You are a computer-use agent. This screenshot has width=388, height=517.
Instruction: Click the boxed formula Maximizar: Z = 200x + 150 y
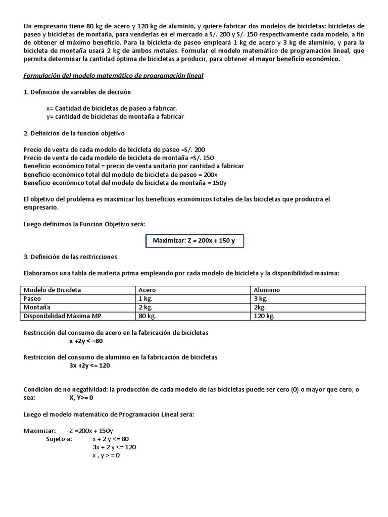coord(194,241)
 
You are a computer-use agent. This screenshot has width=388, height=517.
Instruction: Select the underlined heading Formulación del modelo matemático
coord(114,76)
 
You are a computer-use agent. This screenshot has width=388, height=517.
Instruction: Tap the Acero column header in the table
coord(147,290)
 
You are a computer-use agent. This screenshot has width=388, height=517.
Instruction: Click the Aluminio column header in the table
coord(267,290)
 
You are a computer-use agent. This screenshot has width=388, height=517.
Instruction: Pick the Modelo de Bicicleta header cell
coord(53,290)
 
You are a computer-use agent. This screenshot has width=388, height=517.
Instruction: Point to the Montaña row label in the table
coord(36,307)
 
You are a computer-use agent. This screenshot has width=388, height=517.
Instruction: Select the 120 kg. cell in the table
coord(264,316)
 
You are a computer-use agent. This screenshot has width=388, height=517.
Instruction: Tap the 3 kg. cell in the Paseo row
coord(261,298)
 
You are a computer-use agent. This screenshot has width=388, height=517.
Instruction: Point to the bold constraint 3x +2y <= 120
coord(89,365)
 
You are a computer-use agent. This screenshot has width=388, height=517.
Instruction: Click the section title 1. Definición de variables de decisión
coord(77,92)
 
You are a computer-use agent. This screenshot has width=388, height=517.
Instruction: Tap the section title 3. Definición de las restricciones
coord(70,256)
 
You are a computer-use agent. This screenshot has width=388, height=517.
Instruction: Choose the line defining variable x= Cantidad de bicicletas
coord(111,108)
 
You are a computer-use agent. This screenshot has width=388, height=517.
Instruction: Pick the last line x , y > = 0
coord(106,455)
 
